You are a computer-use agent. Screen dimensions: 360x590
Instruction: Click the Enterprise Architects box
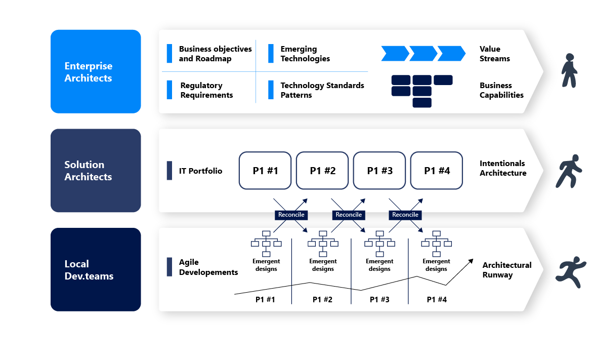(96, 71)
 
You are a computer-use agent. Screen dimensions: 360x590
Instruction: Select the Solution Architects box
(96, 171)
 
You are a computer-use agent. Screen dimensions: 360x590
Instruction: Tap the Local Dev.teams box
(96, 269)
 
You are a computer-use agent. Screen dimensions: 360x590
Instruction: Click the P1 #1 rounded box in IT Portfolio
(265, 171)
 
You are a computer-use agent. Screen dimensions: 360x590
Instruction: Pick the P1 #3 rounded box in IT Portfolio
(380, 171)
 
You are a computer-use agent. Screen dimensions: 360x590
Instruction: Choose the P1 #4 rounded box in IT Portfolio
(437, 171)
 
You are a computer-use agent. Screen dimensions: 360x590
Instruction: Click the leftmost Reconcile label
(291, 215)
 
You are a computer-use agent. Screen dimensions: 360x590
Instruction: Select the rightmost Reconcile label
(405, 215)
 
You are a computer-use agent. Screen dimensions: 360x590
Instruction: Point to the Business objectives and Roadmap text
(215, 54)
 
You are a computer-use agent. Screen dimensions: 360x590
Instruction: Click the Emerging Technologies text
(305, 54)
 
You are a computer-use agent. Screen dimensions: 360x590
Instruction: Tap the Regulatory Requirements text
(206, 90)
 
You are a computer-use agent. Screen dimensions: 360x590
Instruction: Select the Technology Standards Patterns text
(322, 90)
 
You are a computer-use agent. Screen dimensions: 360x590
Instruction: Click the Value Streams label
(494, 54)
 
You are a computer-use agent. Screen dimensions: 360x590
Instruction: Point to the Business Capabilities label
(501, 90)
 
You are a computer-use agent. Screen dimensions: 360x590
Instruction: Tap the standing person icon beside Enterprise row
(570, 71)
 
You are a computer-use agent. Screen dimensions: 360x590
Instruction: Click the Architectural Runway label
(507, 270)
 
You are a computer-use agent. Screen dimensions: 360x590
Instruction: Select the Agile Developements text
(208, 267)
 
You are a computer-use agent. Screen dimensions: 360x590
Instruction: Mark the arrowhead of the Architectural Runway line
(471, 260)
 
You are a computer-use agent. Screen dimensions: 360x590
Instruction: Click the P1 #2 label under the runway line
(322, 299)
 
